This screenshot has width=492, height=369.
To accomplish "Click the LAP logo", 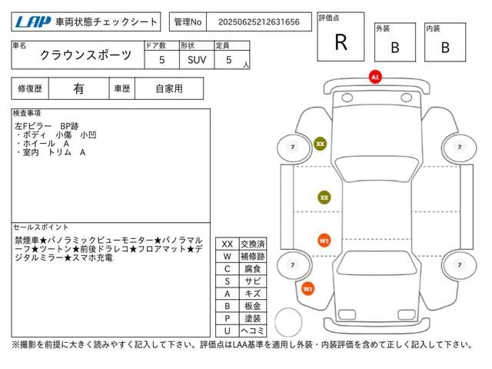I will point(30,22).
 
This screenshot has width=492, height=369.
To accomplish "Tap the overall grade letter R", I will point(341,42).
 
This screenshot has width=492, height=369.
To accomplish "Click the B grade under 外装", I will point(394,47).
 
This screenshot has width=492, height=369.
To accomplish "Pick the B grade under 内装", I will point(445,47).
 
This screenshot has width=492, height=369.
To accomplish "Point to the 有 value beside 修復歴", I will point(78,88).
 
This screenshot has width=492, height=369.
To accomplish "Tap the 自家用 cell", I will point(168,88).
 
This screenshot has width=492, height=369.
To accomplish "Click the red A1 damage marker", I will point(375,78).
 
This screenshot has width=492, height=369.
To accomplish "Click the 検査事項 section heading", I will point(28,113).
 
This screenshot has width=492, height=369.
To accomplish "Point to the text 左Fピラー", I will point(32,125).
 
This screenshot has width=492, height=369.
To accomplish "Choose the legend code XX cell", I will point(227,244).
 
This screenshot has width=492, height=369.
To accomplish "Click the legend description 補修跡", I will point(253,256).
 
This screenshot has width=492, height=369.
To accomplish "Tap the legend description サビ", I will point(253,281).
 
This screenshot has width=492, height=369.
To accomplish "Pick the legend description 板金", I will point(253,305).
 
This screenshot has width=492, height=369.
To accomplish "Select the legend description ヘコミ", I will point(253,330).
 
